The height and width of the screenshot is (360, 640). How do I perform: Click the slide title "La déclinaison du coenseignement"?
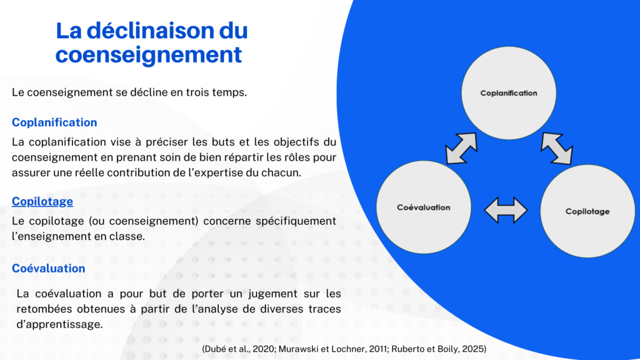[152, 43]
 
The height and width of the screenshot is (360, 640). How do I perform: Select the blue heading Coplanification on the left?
[54, 122]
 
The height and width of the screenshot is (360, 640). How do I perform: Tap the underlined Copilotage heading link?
[42, 201]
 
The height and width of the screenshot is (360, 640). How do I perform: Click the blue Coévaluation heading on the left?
[49, 268]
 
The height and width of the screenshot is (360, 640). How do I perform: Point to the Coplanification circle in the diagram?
[509, 93]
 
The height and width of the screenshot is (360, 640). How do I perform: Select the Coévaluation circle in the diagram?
[424, 207]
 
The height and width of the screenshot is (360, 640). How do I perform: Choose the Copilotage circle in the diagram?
[587, 211]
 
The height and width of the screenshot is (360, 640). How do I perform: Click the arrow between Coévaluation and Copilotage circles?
[506, 210]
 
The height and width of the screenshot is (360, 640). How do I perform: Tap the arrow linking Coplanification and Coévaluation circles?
[462, 148]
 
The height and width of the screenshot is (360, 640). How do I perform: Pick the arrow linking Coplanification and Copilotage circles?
[557, 148]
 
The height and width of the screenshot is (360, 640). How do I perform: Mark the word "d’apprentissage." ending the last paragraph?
[59, 324]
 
